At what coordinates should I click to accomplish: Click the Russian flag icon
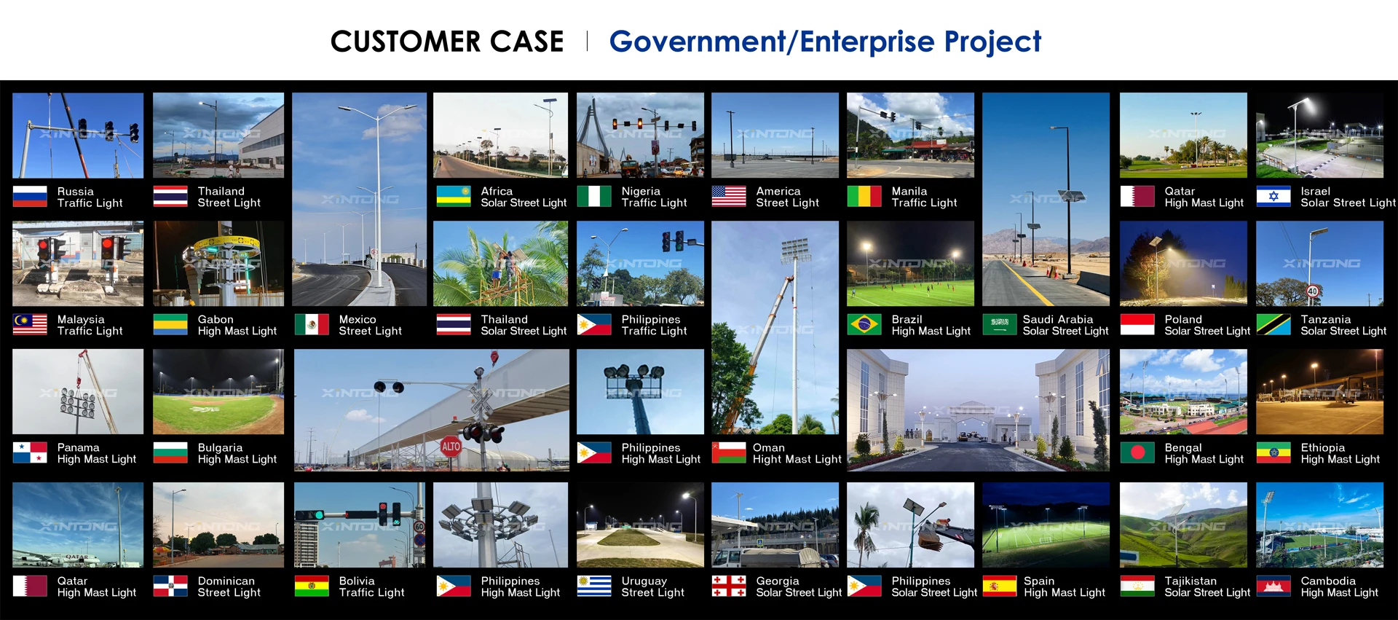(x=30, y=197)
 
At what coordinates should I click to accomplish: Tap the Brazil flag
(x=864, y=324)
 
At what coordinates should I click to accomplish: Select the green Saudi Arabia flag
(x=1000, y=324)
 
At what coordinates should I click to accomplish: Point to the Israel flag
(x=1273, y=197)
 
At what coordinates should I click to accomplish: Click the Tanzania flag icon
(x=1273, y=324)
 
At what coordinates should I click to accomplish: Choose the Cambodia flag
(x=1273, y=586)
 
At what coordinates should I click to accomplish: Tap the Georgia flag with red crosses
(x=729, y=586)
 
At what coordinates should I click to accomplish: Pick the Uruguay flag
(x=594, y=586)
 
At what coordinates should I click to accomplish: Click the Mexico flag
(x=312, y=324)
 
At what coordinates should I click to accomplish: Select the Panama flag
(x=30, y=452)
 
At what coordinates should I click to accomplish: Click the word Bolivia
(x=357, y=581)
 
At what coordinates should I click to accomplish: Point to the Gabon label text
(x=216, y=319)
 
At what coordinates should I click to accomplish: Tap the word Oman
(x=769, y=447)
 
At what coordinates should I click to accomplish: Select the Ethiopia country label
(x=1323, y=447)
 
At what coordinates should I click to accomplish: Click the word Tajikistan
(x=1190, y=581)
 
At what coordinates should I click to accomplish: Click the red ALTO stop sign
(x=451, y=446)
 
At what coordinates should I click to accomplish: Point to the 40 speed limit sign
(x=1313, y=291)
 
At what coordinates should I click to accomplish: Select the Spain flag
(x=1000, y=586)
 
